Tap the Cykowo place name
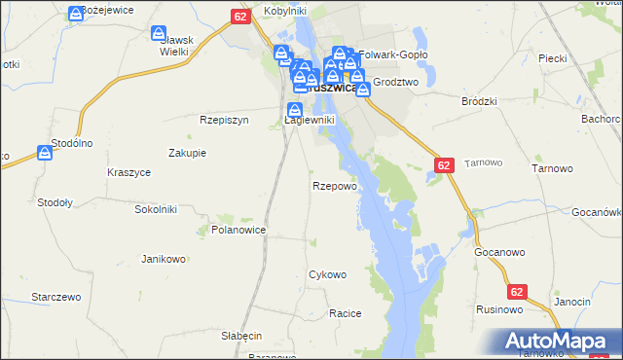(327, 274)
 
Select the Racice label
(345, 313)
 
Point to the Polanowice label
(238, 230)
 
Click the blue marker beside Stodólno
(45, 153)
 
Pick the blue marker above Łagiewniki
(294, 110)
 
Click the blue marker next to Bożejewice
(77, 13)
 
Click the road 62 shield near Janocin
(518, 291)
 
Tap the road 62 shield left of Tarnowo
(444, 166)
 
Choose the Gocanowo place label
(500, 251)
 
